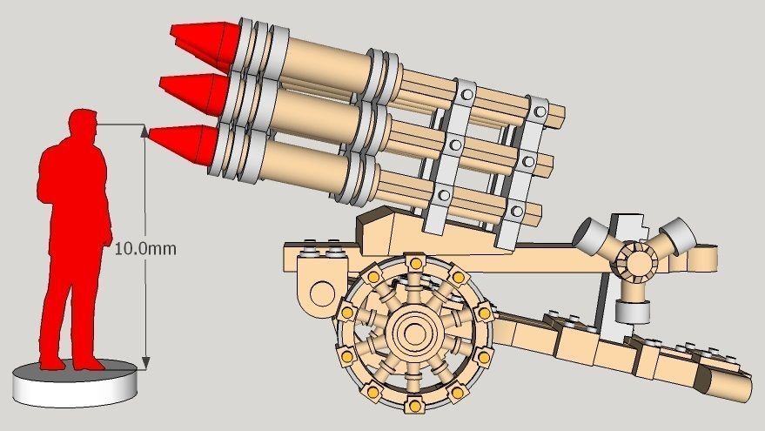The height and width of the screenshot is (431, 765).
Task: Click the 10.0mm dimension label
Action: [145, 248]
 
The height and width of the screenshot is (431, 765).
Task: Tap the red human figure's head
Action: [84, 125]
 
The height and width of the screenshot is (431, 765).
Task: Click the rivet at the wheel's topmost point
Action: [414, 261]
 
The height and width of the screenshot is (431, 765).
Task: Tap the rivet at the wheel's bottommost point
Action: [415, 404]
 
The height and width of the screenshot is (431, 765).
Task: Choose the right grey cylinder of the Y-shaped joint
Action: [677, 235]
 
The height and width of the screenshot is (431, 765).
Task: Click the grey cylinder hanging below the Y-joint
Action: [634, 310]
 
